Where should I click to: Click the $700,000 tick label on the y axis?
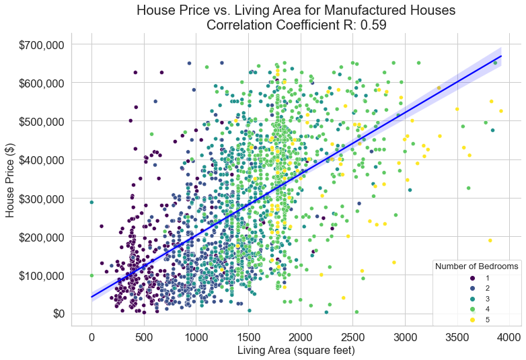(37, 44)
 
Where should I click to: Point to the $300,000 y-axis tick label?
(37, 199)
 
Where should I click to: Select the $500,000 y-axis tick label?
(37, 122)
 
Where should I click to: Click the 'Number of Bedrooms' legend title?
(476, 266)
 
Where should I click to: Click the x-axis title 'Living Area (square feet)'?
(296, 351)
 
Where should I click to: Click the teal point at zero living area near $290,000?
(91, 202)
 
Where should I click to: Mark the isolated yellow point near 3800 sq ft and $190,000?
(490, 240)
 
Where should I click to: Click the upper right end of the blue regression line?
(501, 56)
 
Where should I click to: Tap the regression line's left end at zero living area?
(91, 297)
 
